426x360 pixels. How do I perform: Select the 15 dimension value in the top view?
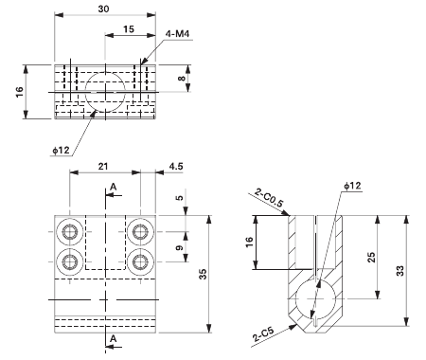click(127, 30)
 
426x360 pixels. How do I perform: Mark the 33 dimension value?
click(410, 271)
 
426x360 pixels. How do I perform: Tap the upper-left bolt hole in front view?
click(70, 232)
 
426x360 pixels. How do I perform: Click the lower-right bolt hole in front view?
click(140, 261)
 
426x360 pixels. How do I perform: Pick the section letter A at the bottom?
click(113, 338)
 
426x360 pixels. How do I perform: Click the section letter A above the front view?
click(113, 189)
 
